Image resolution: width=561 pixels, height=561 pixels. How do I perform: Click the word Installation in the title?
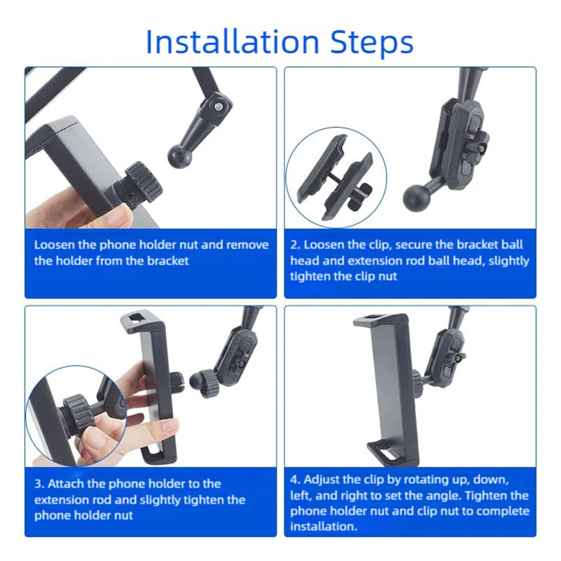coord(232,42)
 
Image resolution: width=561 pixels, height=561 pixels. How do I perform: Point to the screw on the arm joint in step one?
coord(218,107)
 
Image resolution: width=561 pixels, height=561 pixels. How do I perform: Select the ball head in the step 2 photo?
coord(417,198)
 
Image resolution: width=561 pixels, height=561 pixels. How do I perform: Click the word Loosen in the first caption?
coord(54,245)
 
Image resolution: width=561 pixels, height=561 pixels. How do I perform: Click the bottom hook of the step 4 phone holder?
coord(388,453)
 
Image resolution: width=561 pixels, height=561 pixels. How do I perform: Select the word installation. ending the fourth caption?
coord(324,526)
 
